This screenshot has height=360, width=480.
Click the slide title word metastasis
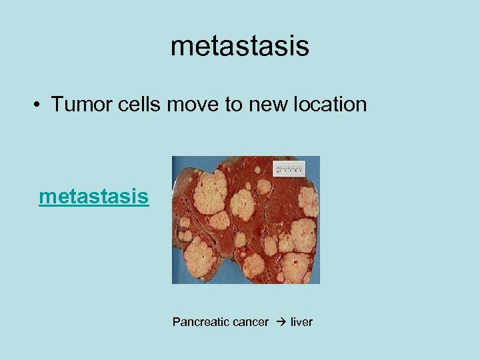coord(239,46)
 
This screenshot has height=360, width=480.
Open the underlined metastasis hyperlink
coord(94,197)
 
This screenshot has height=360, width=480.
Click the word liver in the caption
coord(301,322)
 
